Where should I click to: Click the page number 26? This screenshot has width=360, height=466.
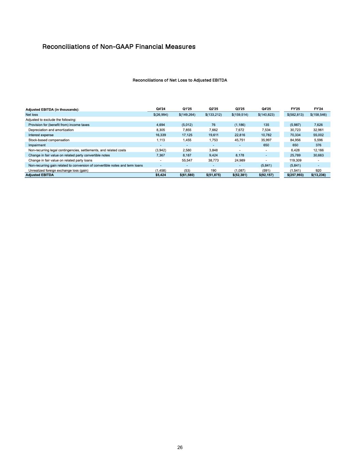(x=180, y=448)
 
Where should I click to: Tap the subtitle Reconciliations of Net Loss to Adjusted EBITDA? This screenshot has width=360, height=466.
(x=180, y=80)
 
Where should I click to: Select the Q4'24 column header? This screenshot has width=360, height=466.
(x=160, y=109)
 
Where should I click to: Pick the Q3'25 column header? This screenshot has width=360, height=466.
(x=240, y=109)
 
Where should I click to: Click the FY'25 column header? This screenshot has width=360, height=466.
(x=295, y=109)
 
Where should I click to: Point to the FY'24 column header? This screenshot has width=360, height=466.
(x=318, y=109)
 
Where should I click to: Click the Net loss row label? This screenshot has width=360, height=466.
(x=32, y=115)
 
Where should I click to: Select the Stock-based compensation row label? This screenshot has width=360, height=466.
(x=49, y=140)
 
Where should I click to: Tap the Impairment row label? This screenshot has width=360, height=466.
(x=37, y=145)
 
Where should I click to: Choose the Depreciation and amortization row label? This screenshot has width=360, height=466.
(x=51, y=130)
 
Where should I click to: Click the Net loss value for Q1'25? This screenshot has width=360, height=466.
(x=187, y=115)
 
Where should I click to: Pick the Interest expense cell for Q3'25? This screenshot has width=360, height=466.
(x=240, y=135)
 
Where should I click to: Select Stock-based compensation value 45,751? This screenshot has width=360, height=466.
(x=240, y=140)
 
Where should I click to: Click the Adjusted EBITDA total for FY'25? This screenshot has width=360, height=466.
(x=295, y=175)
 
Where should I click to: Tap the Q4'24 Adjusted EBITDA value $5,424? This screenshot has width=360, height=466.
(x=160, y=175)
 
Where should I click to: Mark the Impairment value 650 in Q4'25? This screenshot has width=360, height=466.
(x=266, y=145)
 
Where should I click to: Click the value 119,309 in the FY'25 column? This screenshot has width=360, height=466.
(x=295, y=160)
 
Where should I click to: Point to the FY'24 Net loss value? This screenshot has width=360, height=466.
(x=318, y=115)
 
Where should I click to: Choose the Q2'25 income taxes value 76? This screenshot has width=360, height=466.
(x=213, y=125)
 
